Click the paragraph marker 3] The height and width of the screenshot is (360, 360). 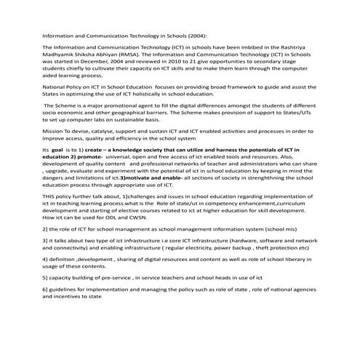(45, 239)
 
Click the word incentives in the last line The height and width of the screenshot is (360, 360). (63, 296)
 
